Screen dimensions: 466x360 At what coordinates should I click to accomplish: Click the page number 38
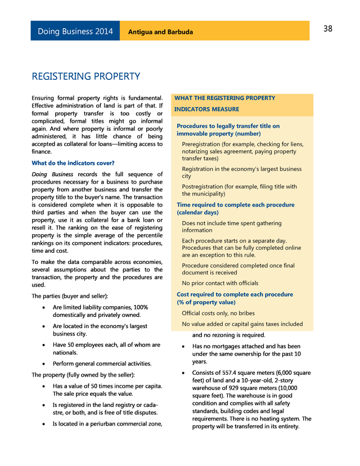pyautogui.click(x=328, y=29)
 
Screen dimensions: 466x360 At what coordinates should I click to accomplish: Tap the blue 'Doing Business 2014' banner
pyautogui.click(x=75, y=32)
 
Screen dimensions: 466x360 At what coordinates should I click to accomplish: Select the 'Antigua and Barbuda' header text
pyautogui.click(x=160, y=32)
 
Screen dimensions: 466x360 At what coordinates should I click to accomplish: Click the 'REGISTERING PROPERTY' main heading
pyautogui.click(x=85, y=76)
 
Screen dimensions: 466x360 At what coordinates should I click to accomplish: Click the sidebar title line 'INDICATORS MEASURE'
pyautogui.click(x=206, y=109)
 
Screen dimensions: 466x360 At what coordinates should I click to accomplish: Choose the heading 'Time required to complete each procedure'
pyautogui.click(x=235, y=205)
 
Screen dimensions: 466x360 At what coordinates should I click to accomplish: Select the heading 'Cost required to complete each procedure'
pyautogui.click(x=235, y=294)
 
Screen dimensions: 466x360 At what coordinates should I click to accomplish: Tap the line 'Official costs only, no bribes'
pyautogui.click(x=218, y=313)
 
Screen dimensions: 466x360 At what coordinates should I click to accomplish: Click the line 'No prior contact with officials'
pyautogui.click(x=220, y=283)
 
